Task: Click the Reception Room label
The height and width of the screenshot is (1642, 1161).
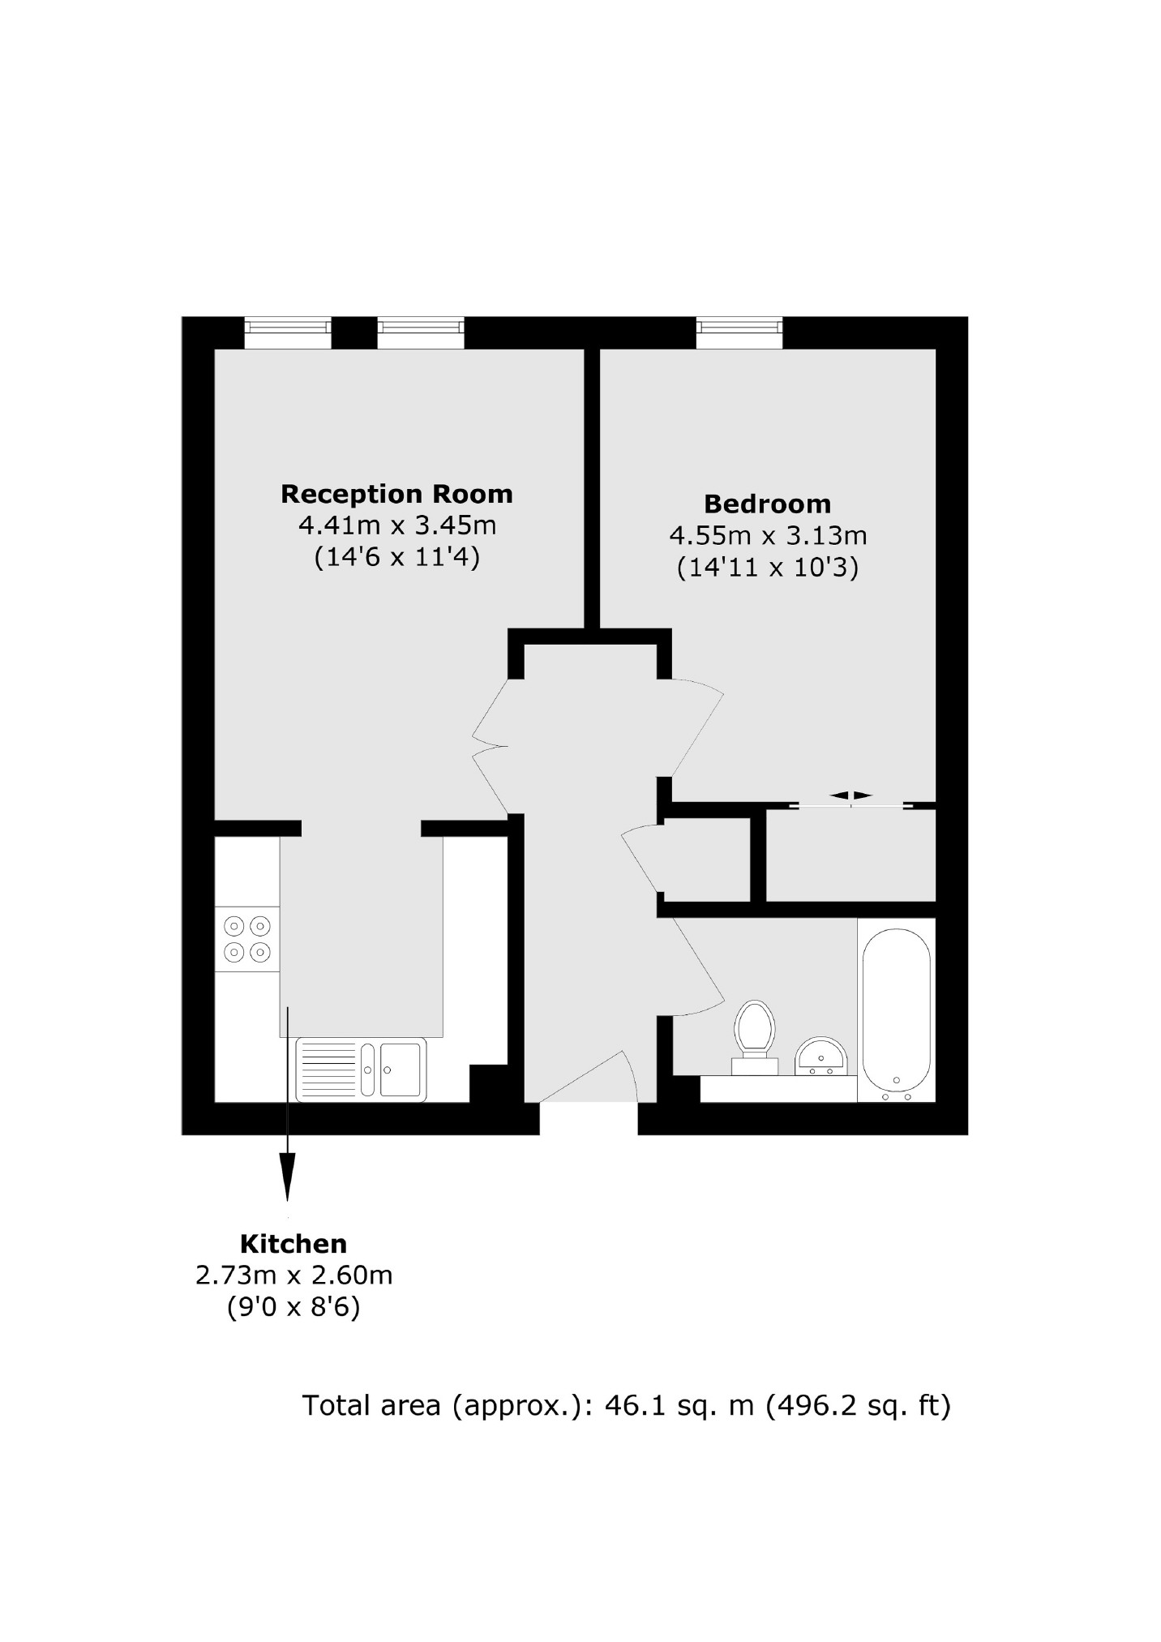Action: tap(396, 494)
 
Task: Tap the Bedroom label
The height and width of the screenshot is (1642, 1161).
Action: tap(767, 504)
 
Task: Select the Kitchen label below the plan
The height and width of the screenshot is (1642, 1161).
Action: tap(293, 1243)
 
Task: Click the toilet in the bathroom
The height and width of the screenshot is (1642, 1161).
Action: tap(754, 1036)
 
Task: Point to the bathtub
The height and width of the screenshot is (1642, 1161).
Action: tap(896, 1010)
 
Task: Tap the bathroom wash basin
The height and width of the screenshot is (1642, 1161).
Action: tap(821, 1057)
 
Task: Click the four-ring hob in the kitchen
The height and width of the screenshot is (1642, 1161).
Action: tap(247, 938)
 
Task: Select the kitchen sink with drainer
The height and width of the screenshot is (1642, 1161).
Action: tap(361, 1070)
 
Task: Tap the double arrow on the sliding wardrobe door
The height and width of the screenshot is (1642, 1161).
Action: tap(850, 795)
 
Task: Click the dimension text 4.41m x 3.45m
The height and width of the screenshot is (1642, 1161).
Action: tap(397, 525)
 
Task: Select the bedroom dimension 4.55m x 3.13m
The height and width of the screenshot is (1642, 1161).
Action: tap(768, 535)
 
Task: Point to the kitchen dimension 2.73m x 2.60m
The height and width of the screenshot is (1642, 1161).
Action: tap(293, 1275)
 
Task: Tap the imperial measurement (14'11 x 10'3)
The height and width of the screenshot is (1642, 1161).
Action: tap(767, 567)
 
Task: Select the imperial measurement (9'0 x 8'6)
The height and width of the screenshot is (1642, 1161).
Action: tap(293, 1307)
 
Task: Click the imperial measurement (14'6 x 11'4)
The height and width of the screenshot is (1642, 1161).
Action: tap(397, 557)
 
